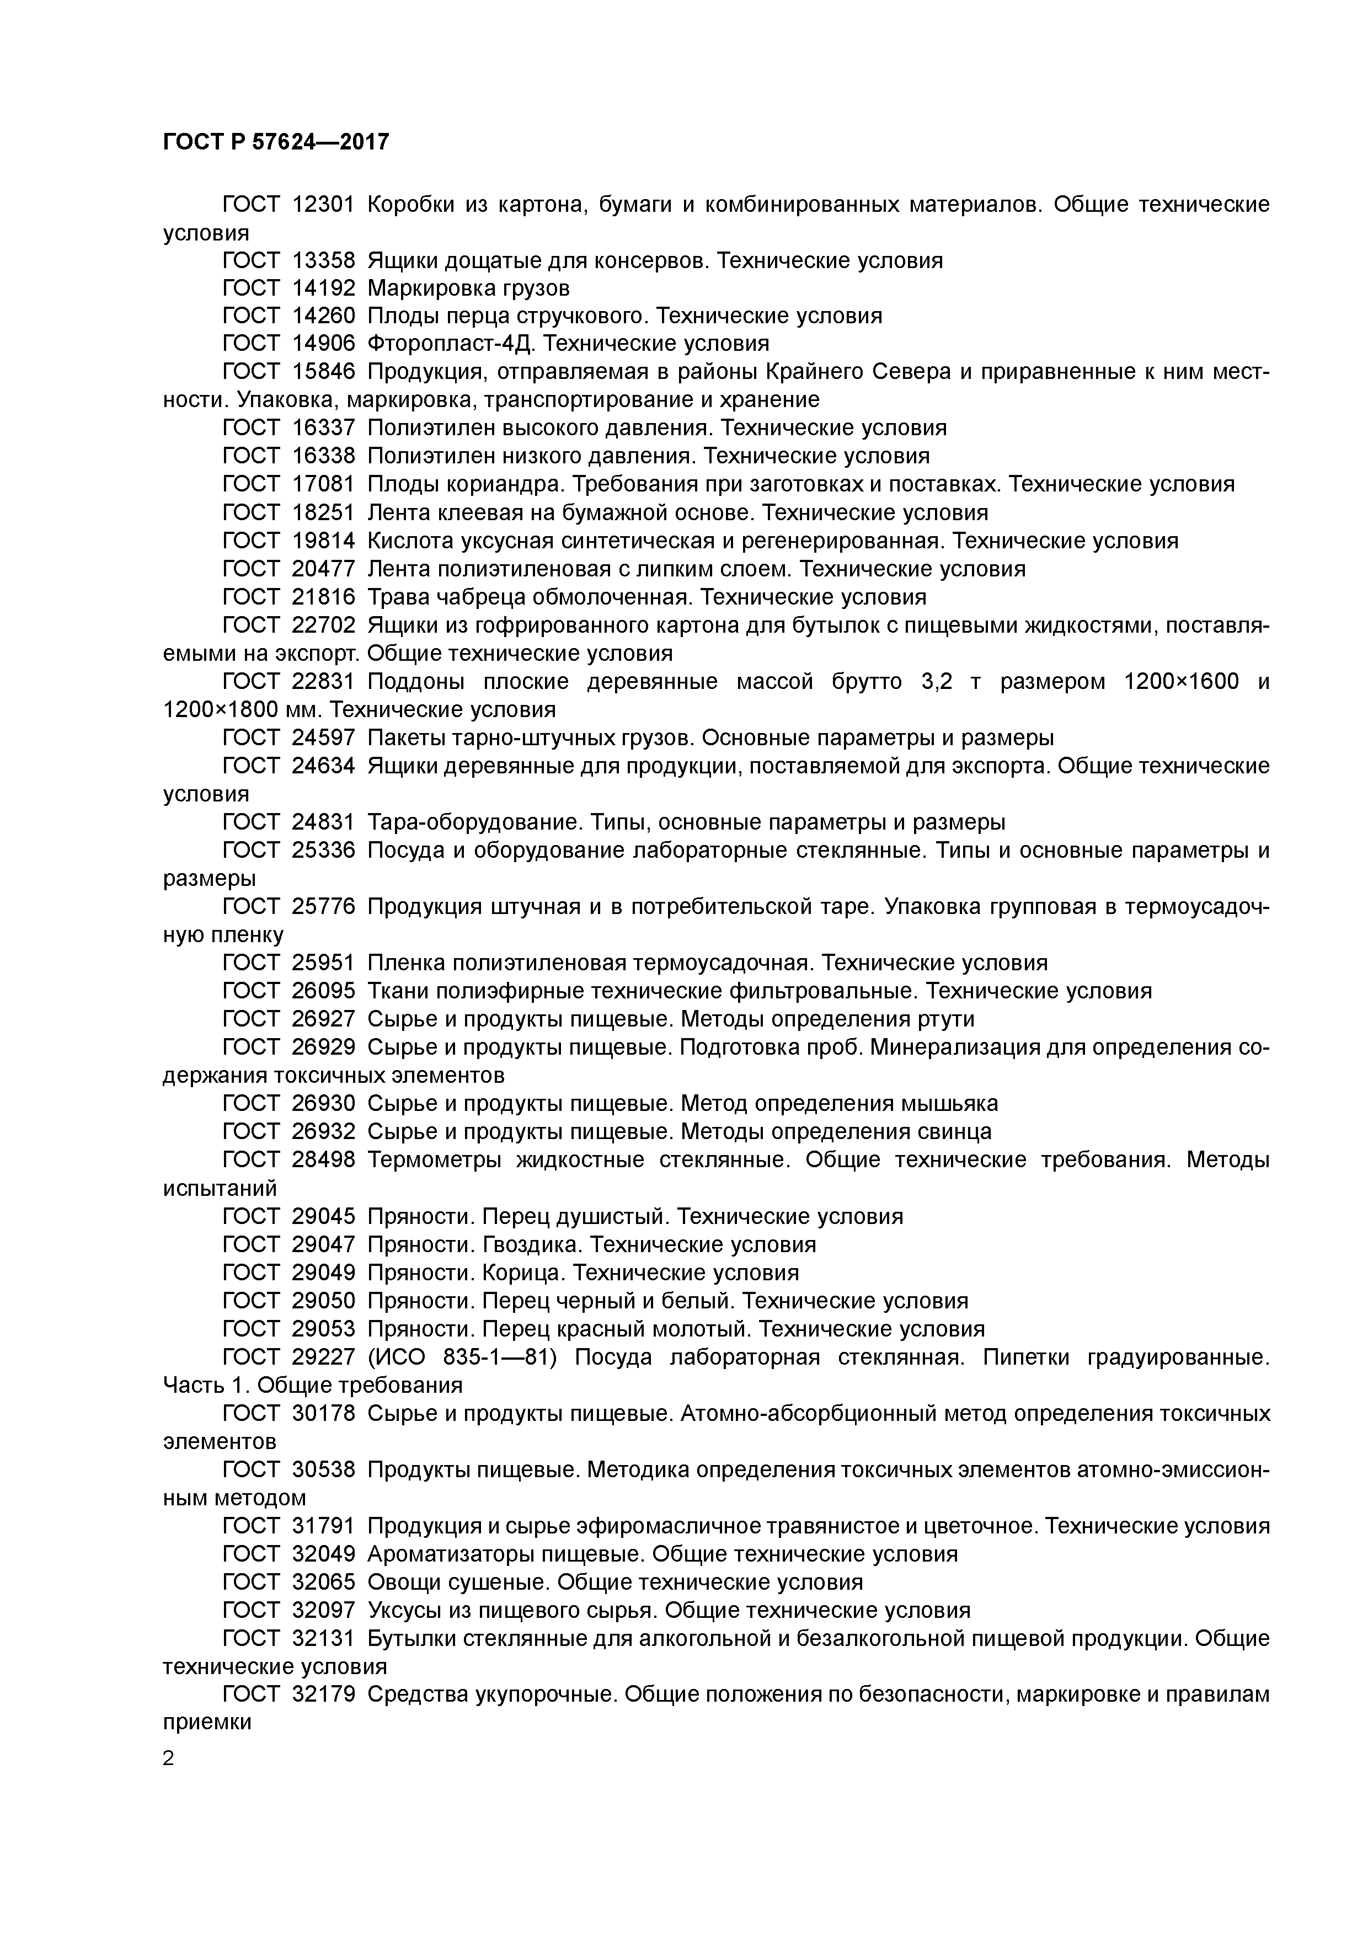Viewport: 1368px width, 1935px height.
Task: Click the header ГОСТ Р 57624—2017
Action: coord(276,142)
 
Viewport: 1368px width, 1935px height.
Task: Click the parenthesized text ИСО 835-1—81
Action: coord(505,1357)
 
